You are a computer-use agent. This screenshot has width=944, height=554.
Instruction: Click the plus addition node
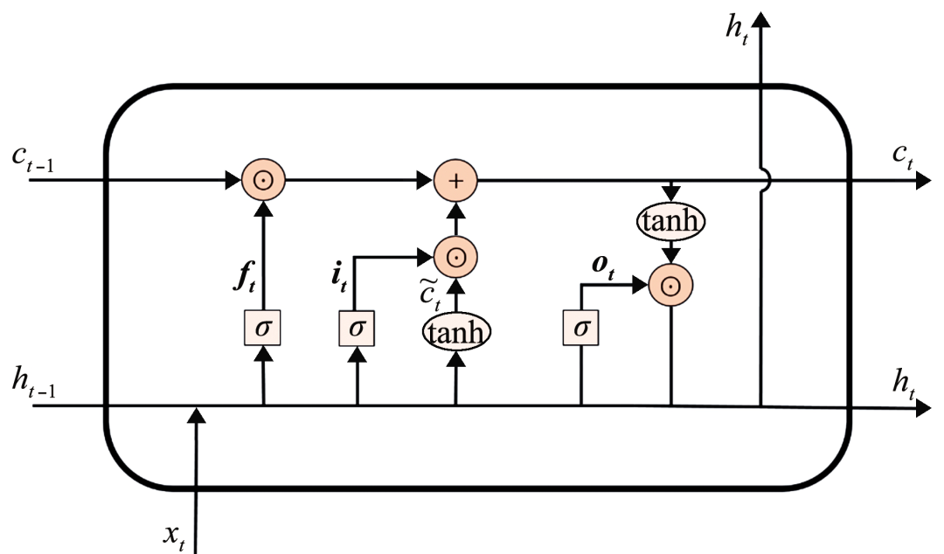pos(455,181)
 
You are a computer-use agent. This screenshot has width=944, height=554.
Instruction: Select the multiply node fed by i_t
pos(455,256)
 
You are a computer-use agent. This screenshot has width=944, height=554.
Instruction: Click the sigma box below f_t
pos(262,329)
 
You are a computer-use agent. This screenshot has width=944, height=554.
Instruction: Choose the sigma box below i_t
pos(357,329)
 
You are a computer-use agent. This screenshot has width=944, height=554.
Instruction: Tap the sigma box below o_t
pos(581,329)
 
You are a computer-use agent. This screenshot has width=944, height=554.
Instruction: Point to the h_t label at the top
pos(735,29)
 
